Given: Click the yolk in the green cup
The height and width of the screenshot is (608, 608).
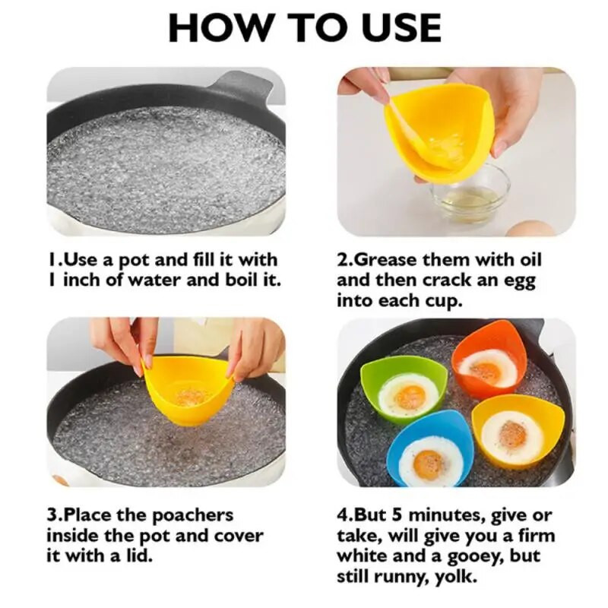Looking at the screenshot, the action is coord(410,397).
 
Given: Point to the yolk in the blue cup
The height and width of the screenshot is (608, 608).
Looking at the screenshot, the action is coord(429,463).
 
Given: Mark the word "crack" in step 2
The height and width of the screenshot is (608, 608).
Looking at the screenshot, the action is coord(447,280).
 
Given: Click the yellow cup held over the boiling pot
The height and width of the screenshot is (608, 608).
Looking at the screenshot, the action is coord(188,389).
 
